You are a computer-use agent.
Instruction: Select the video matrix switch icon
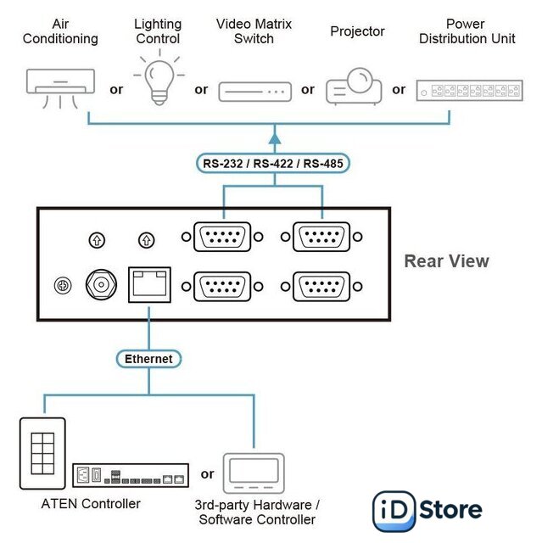[x=254, y=91]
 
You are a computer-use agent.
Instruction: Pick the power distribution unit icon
[x=467, y=90]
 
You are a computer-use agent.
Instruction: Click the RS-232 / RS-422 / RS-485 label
[x=274, y=163]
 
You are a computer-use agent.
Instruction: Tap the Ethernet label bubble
[x=148, y=359]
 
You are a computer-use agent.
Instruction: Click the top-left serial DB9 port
[x=222, y=237]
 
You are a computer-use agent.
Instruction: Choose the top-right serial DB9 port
[x=321, y=237]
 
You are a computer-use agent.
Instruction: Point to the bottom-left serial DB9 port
[x=222, y=286]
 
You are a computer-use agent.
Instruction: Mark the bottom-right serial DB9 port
[x=321, y=286]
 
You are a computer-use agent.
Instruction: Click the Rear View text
[x=446, y=261]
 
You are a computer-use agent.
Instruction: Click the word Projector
[x=357, y=31]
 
